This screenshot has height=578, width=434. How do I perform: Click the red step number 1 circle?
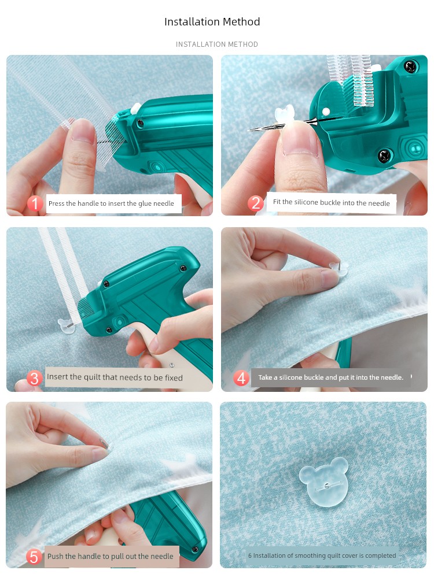coord(35,203)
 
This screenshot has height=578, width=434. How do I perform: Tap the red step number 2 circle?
coord(256,203)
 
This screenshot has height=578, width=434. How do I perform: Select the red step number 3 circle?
coord(34,378)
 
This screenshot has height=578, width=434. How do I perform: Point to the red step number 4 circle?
coord(241,378)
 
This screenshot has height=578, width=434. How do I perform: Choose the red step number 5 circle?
coord(34,557)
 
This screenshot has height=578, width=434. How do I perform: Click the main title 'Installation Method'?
coord(212,22)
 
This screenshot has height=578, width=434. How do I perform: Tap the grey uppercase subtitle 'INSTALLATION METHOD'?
coord(217,45)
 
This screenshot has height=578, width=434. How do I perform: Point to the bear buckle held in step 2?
coord(285,114)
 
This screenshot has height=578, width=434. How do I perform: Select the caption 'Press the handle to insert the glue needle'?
coord(111,203)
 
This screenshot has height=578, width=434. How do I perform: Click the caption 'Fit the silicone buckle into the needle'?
coord(332,202)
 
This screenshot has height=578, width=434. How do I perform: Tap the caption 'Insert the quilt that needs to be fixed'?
coord(115,377)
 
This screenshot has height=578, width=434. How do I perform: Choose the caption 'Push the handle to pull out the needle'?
coord(111,556)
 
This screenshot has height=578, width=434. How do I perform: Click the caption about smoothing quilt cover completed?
coord(322,555)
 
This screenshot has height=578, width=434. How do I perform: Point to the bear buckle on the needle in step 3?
coord(67,326)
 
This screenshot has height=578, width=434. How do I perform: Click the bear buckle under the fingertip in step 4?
coord(340,270)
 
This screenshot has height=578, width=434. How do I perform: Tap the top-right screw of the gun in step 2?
coord(410,66)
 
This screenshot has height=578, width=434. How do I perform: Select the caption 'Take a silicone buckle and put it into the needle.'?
coord(330,377)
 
